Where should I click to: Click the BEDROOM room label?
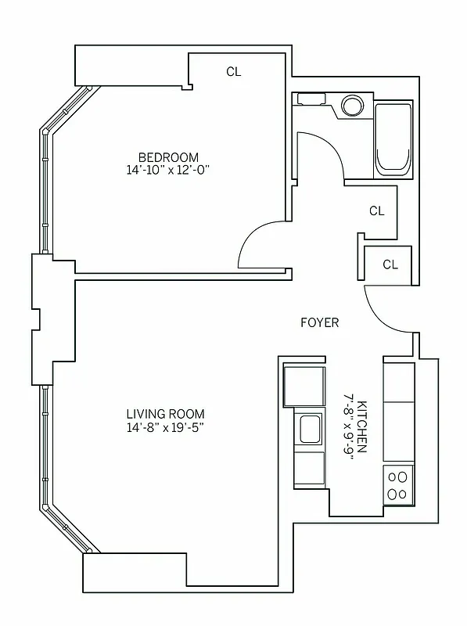click(168, 156)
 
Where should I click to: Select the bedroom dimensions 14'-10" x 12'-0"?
click(168, 170)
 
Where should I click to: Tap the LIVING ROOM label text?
click(166, 414)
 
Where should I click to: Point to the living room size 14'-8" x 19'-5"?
click(166, 427)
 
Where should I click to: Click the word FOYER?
click(320, 322)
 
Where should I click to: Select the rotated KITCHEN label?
click(362, 428)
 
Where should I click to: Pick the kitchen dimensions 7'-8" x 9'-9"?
click(348, 428)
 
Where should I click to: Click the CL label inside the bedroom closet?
click(234, 72)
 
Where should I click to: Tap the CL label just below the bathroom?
click(376, 210)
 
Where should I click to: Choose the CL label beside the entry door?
click(390, 264)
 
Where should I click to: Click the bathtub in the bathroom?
click(393, 139)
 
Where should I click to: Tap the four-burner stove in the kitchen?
click(398, 484)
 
